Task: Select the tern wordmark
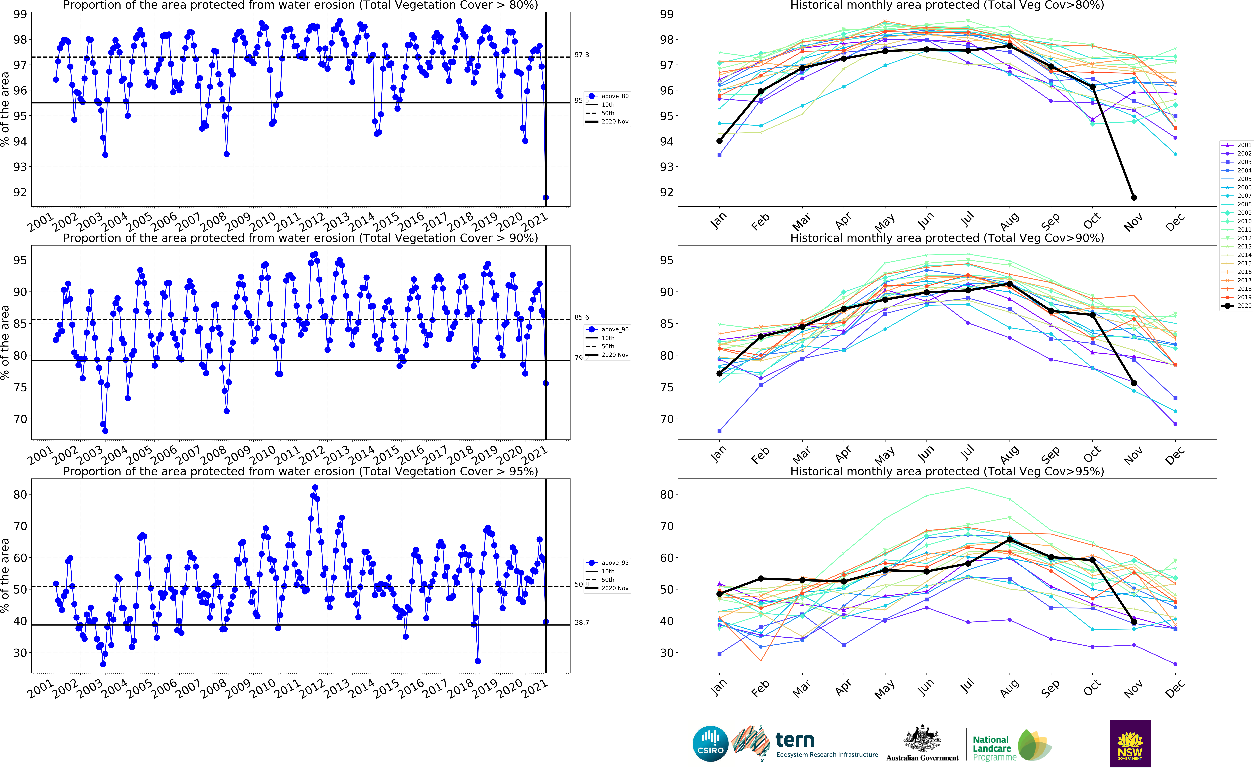795,740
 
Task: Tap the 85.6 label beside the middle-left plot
582,317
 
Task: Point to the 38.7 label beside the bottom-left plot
582,622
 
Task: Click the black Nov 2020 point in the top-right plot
1134,197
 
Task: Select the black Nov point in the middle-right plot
1134,383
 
